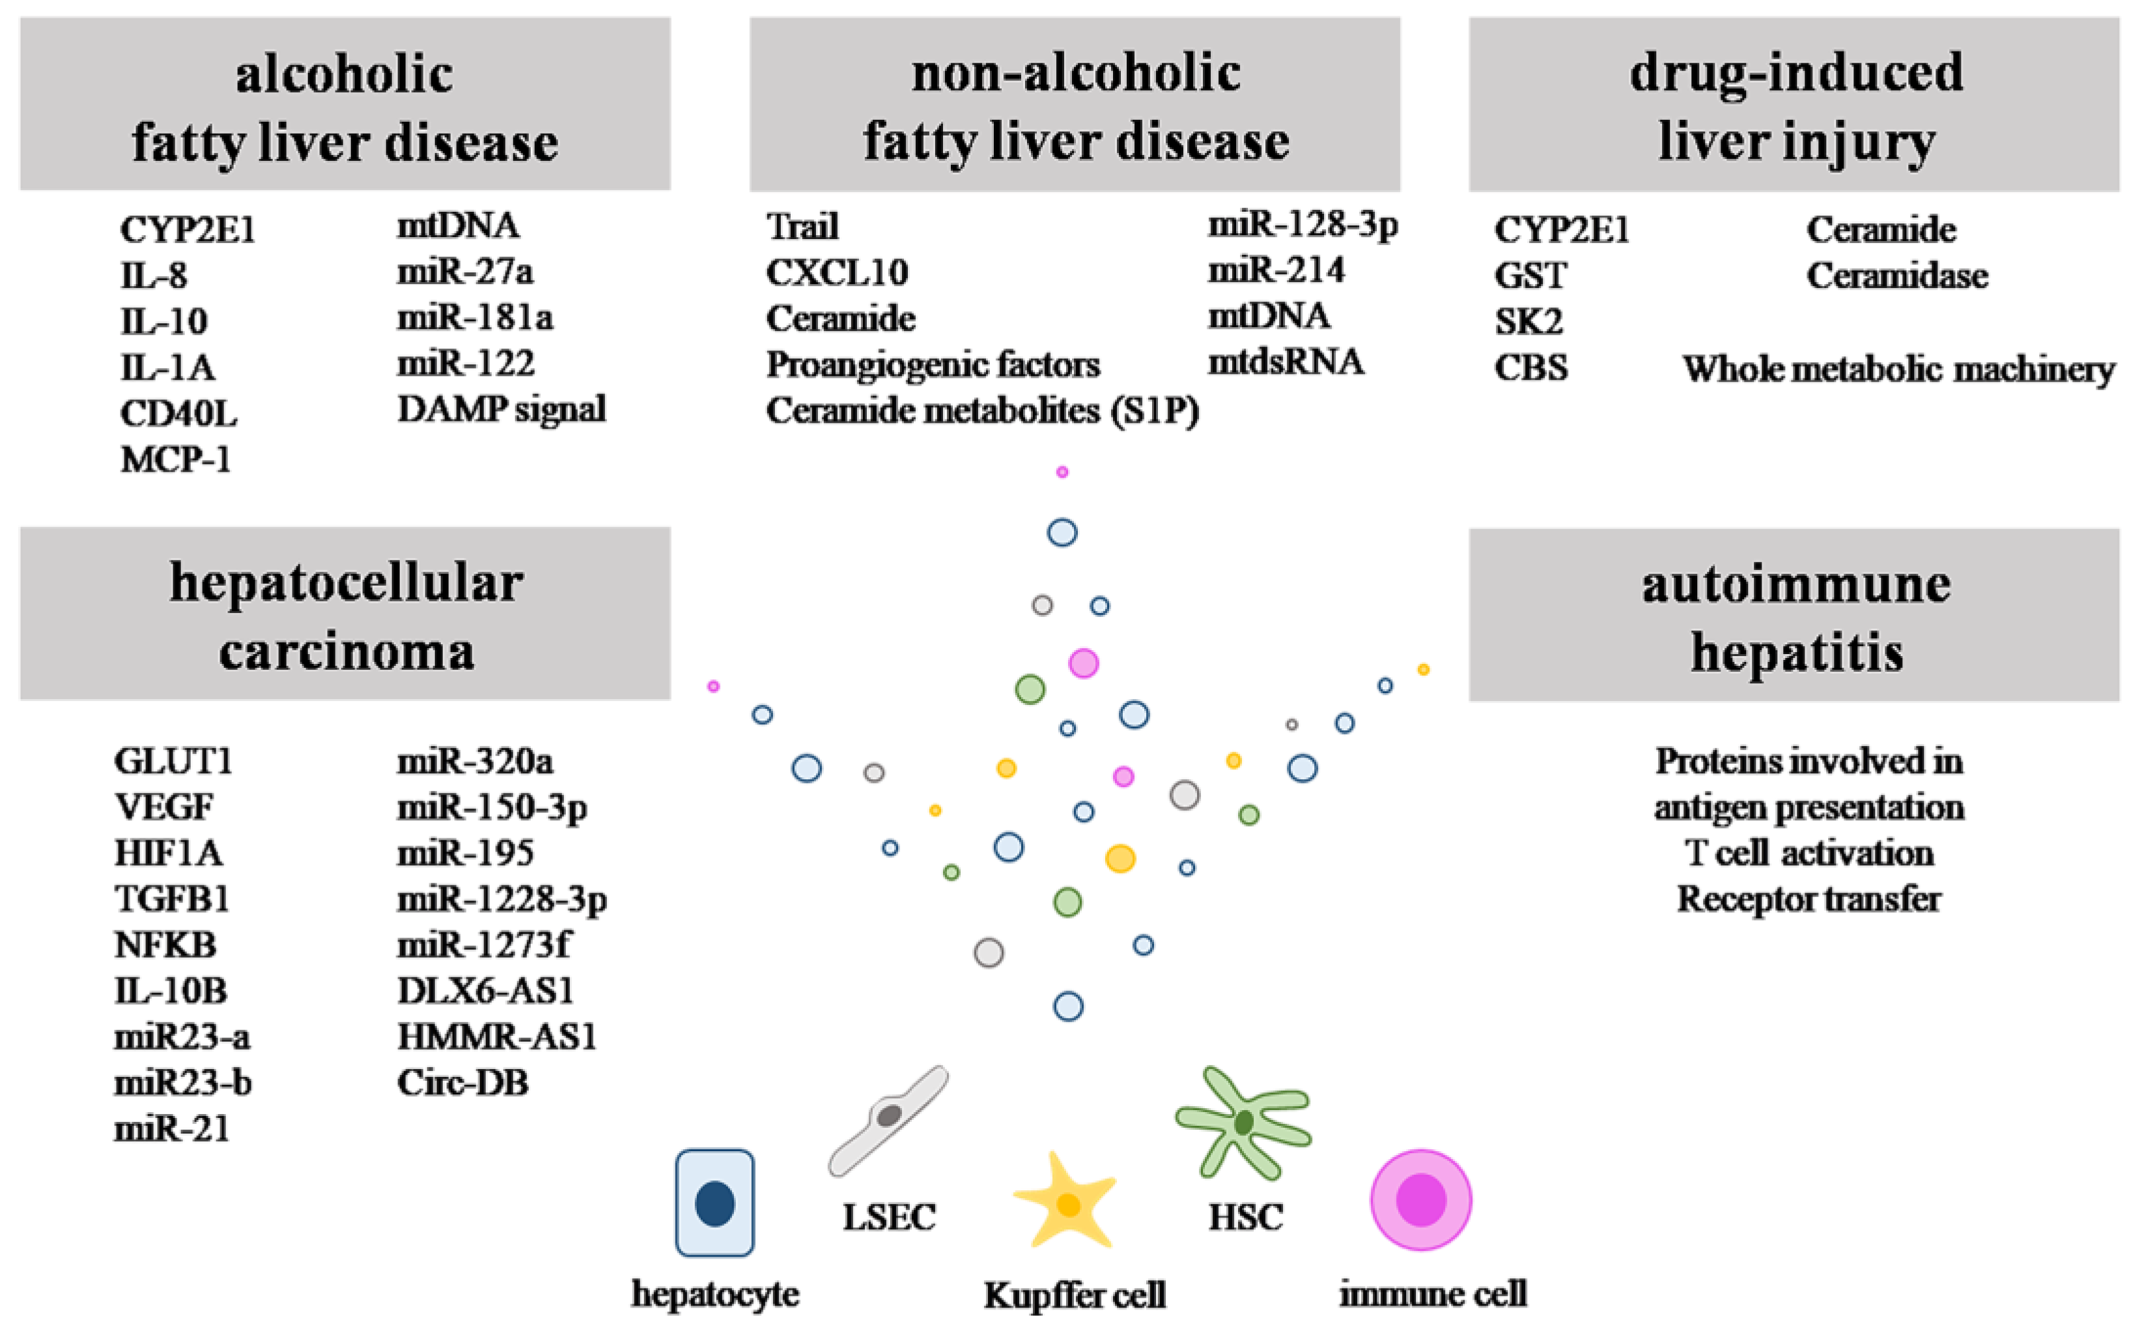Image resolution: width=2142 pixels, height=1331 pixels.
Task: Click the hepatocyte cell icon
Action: coord(714,1203)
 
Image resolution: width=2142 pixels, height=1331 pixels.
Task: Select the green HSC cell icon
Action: coord(1243,1123)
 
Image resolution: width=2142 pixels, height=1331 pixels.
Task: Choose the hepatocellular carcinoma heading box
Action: coord(345,614)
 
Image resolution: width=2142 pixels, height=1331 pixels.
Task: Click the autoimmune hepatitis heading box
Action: coord(1794,615)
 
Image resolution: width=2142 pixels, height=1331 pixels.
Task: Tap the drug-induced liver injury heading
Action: coord(1794,105)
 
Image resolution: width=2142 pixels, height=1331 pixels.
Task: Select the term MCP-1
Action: coord(176,459)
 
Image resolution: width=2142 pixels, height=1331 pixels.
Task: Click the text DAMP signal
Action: coord(501,409)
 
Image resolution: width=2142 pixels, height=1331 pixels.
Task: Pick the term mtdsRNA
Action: coord(1286,362)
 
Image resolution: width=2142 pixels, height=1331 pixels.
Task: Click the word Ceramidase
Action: coord(1897,276)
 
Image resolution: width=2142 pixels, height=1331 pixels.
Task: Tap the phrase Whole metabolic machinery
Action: coord(1898,369)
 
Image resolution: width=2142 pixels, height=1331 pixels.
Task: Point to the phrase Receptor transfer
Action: coord(1809,899)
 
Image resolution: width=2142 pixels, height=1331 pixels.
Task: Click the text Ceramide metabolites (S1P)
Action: coord(982,411)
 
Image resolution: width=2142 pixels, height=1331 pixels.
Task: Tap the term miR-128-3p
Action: coord(1303,225)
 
